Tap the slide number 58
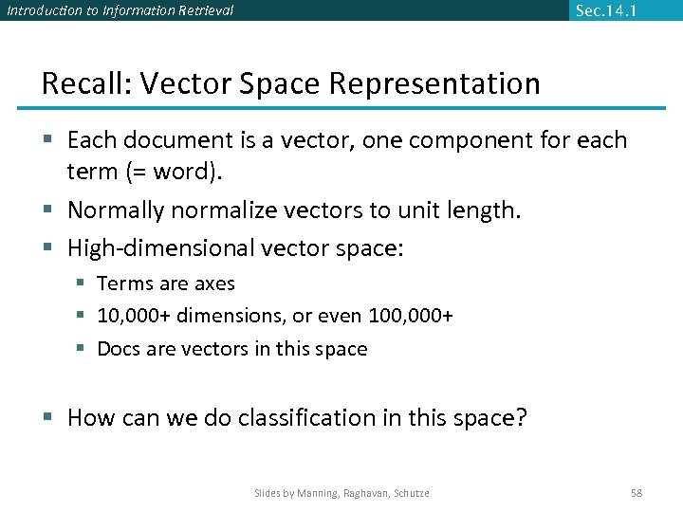(637, 493)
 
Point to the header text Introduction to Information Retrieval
(120, 10)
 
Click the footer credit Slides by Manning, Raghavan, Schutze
(341, 493)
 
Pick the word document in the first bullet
(178, 140)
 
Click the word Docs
(119, 349)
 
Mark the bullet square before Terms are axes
(83, 283)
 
